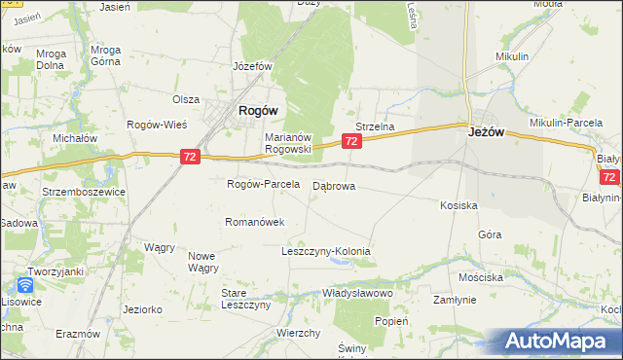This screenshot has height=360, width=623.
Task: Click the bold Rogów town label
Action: tap(258, 111)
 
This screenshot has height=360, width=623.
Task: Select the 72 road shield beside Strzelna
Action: tap(352, 142)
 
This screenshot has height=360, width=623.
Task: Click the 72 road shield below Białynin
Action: tap(610, 178)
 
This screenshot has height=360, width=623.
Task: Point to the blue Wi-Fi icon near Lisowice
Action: tap(24, 286)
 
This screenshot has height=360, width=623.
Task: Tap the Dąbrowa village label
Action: tap(334, 185)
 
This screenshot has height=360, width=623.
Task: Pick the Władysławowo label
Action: tap(356, 292)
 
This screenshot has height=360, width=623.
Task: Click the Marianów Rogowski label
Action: tap(287, 143)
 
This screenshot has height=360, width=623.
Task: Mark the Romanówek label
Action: tap(254, 222)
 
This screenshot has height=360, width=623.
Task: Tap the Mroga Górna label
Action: tap(104, 54)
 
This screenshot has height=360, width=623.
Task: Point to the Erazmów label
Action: tap(78, 333)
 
